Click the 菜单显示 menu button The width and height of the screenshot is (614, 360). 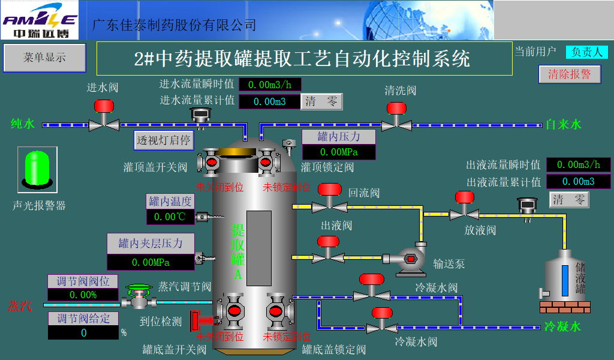point(44,58)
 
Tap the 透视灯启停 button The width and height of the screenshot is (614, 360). point(163,140)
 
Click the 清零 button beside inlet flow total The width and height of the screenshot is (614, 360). point(321,101)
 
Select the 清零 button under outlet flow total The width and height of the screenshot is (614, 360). point(569,200)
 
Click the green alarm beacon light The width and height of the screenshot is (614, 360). point(37,169)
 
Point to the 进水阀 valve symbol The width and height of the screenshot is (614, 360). point(104,116)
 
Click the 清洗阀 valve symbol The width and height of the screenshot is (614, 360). point(396,118)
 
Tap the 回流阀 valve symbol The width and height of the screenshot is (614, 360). point(329,199)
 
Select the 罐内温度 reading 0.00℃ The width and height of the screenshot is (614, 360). point(171,217)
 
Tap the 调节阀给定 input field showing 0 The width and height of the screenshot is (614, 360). point(83,332)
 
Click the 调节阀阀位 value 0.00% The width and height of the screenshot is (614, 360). point(83,295)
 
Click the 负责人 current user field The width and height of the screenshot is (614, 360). point(586,52)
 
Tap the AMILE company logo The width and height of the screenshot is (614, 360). point(40,20)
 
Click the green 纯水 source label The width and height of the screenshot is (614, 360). point(23,124)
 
